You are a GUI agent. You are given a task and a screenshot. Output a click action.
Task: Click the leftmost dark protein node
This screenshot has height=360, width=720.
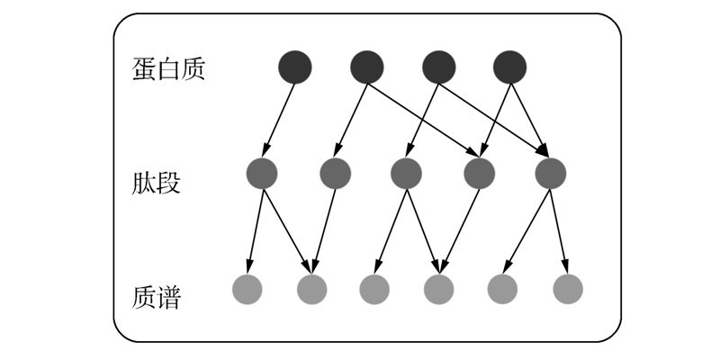click(x=295, y=67)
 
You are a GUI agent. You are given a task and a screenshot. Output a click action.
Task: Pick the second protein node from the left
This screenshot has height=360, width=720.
click(x=367, y=67)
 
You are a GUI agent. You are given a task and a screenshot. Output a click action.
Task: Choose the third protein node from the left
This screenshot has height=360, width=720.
click(x=438, y=67)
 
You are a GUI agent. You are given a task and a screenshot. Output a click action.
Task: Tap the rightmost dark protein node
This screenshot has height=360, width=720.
click(x=509, y=67)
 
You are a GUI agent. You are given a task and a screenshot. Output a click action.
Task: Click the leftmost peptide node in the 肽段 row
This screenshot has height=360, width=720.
click(x=262, y=173)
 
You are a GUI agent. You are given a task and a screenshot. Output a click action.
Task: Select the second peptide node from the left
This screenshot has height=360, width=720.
click(x=334, y=173)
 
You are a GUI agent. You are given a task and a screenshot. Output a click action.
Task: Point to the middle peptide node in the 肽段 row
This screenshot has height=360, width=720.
click(x=406, y=173)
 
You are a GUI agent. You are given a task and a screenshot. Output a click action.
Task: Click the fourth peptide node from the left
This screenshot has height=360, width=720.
click(x=478, y=173)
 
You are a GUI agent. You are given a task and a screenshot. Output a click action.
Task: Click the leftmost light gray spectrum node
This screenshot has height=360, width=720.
click(x=247, y=289)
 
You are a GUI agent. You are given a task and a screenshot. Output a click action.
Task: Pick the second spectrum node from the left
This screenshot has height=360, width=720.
click(x=311, y=289)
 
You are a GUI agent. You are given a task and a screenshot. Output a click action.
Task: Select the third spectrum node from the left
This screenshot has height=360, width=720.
click(x=374, y=289)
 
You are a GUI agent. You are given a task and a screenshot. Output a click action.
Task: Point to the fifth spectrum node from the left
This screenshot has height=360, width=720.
click(x=502, y=289)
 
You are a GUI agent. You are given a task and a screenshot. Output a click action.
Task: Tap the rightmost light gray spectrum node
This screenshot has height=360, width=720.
click(x=567, y=289)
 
